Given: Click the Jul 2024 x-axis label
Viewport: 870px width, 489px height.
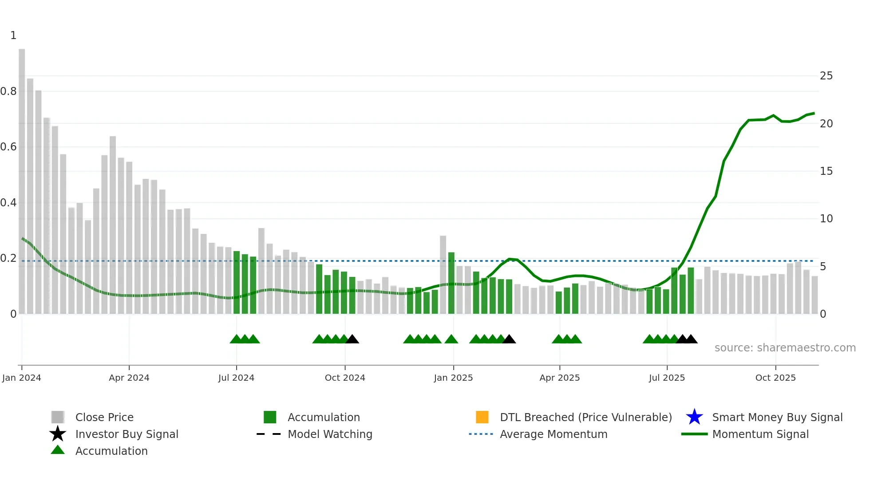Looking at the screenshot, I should [236, 378].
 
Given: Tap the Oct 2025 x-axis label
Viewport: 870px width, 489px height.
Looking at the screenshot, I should [775, 378].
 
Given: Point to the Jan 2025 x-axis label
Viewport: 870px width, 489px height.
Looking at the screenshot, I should [453, 378].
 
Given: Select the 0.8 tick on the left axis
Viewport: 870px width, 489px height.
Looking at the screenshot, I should [8, 91].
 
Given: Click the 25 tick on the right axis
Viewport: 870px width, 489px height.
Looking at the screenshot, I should [826, 76].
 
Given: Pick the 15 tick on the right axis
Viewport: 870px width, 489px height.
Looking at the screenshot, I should [826, 171].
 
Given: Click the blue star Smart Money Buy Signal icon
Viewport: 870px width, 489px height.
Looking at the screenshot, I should [694, 417].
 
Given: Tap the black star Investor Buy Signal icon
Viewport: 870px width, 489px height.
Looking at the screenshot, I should [58, 434].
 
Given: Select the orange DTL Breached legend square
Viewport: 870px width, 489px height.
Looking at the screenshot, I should [482, 417].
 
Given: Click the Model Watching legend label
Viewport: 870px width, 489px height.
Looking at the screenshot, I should [330, 434].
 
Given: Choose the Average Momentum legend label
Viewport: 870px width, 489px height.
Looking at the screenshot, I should [554, 434].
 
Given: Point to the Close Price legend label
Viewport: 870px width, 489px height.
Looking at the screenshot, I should [104, 417].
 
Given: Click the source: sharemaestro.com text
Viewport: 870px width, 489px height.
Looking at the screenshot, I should [785, 348].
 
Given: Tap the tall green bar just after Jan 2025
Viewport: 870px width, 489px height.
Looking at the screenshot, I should [451, 283].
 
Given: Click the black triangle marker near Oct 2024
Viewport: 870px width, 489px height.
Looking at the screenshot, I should [352, 339].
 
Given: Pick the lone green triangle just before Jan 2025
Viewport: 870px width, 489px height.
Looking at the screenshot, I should [451, 339].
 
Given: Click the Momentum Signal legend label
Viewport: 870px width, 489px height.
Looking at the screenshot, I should [760, 434].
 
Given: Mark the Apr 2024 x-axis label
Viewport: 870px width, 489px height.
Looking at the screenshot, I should [129, 378].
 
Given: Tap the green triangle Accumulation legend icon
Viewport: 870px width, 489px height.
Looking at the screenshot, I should [58, 450].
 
